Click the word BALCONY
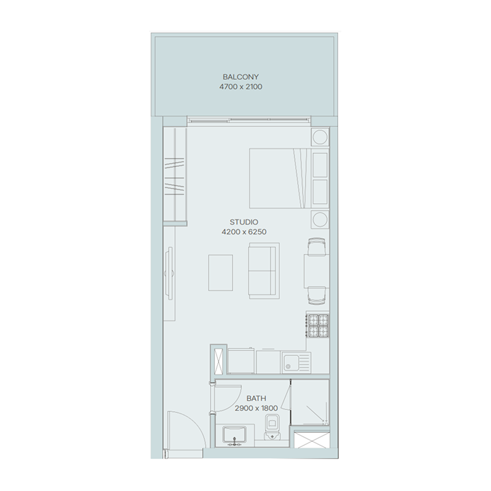point(241,77)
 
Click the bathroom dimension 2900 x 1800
point(256,408)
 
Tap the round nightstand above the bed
point(320,136)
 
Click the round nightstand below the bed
point(320,219)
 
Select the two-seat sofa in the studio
point(263,269)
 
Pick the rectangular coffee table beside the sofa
point(221,273)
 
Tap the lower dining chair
point(317,296)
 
